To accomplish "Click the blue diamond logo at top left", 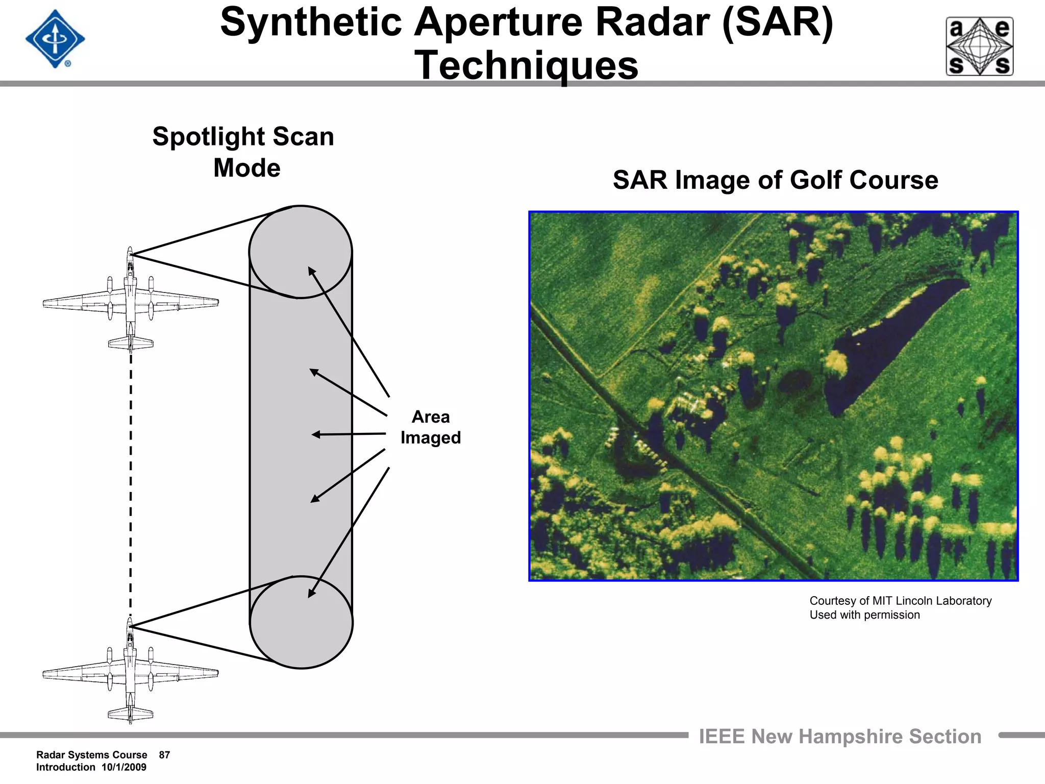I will (55, 39).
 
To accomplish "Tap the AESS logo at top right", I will (980, 46).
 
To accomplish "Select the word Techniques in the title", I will (526, 65).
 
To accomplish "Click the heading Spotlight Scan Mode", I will (244, 152).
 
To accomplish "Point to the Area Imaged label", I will (430, 427).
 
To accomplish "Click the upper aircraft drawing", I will (130, 301).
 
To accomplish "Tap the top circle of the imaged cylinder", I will (301, 252).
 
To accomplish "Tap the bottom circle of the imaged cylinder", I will (301, 622).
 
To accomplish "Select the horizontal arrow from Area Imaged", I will (349, 434).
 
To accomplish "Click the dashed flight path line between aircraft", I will (131, 485).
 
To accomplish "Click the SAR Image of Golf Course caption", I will (775, 180).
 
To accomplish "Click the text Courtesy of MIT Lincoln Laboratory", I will (900, 601).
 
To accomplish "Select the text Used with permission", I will (864, 615).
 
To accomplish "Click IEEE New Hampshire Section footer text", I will (840, 737).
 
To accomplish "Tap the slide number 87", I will (164, 755).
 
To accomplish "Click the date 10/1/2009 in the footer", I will (124, 767).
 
